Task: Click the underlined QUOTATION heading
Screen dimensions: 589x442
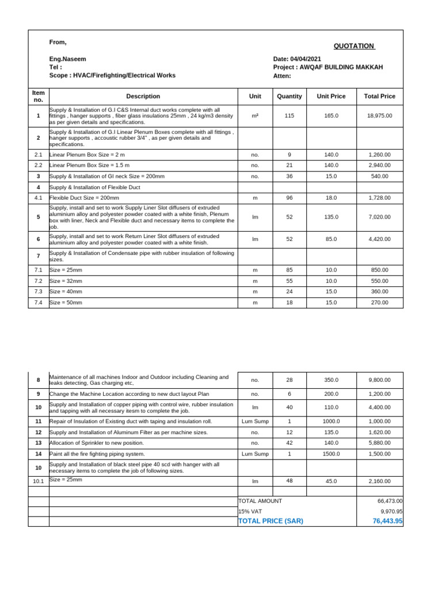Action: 354,46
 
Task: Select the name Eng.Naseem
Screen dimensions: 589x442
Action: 67,59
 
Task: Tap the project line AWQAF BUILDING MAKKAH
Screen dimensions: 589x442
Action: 328,67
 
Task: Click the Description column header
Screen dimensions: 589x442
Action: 143,96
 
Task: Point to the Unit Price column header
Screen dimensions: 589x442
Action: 331,96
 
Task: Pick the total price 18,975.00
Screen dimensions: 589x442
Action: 379,116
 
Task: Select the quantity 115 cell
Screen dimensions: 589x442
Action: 289,116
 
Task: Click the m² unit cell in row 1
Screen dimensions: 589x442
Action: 255,116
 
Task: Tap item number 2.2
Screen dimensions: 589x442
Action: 39,165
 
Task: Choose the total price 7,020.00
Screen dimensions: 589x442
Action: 379,217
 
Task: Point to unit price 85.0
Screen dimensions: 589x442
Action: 331,239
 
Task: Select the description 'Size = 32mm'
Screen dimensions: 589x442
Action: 66,281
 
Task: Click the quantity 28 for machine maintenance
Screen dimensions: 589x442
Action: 289,380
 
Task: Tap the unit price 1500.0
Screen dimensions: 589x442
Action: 331,454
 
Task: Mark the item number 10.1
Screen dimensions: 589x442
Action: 39,481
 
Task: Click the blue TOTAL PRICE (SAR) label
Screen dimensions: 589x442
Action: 270,521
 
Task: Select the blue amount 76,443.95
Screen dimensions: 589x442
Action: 387,521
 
